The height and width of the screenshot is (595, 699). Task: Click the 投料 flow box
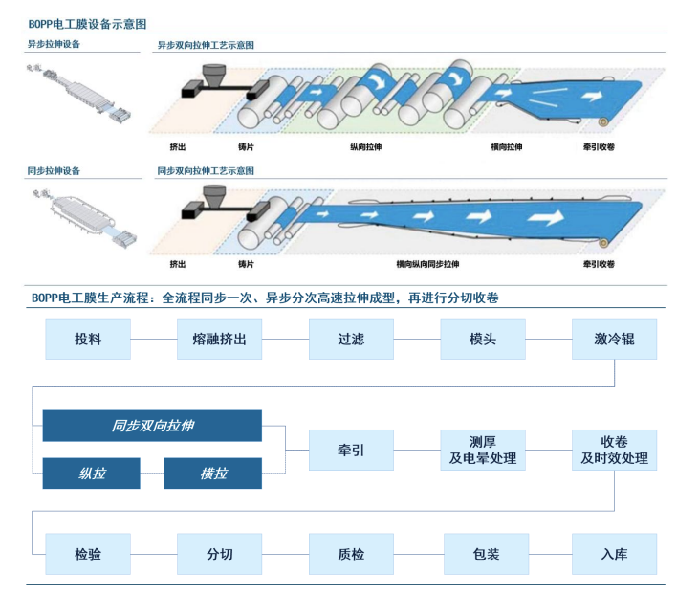point(88,339)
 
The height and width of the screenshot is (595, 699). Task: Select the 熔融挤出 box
point(219,339)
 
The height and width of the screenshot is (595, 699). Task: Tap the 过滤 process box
point(351,339)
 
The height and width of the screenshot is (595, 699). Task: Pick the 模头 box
point(483,339)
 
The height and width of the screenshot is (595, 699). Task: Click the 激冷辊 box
point(614,339)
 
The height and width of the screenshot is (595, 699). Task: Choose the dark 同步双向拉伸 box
point(152,426)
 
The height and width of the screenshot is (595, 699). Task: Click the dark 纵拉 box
point(91,474)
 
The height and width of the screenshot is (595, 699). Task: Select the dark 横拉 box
point(212,474)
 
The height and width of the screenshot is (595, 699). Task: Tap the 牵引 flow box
point(351,450)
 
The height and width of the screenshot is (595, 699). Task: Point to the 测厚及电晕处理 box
point(483,450)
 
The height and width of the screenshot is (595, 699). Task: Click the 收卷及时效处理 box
point(614,450)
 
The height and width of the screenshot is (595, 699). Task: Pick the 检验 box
point(88,554)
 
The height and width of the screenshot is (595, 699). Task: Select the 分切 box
point(219,554)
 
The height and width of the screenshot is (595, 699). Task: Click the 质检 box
point(351,554)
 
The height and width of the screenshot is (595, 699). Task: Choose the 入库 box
point(614,554)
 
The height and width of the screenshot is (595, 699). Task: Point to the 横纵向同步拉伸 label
point(427,264)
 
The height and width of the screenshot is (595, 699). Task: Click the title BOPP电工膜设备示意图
point(87,22)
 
